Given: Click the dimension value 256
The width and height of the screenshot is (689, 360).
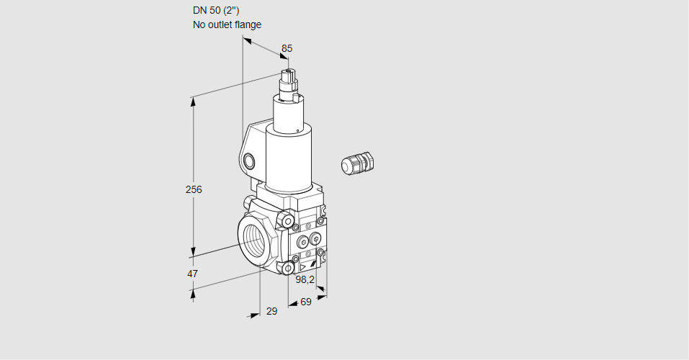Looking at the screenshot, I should click(x=194, y=190).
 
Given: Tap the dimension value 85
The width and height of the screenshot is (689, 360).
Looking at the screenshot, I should click(x=287, y=48).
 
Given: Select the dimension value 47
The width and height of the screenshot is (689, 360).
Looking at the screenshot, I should click(x=192, y=274).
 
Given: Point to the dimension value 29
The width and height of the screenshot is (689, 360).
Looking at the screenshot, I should click(x=271, y=311).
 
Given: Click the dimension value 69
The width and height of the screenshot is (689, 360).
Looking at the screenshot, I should click(x=305, y=302).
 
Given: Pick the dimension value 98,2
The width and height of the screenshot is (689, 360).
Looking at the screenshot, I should click(x=305, y=279).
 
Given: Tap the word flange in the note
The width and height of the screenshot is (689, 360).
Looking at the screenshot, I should click(x=248, y=24).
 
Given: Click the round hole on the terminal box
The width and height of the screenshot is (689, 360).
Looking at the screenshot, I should click(x=249, y=160).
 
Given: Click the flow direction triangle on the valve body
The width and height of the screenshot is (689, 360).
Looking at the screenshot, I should click(x=293, y=266).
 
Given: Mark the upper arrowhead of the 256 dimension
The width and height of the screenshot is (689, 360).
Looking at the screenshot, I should click(x=193, y=102).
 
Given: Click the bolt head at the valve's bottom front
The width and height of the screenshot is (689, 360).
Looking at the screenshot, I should click(x=288, y=269).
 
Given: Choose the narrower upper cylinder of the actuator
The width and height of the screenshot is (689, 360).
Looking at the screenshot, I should click(x=292, y=112).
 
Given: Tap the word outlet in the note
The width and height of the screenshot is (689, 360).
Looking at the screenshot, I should click(x=221, y=24).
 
